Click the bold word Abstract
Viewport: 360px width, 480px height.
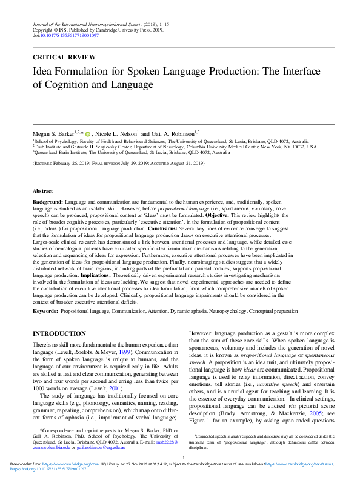(x=42, y=191)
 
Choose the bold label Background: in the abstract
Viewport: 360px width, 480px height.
(x=47, y=200)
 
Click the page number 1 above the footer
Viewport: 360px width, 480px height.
(x=182, y=459)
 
